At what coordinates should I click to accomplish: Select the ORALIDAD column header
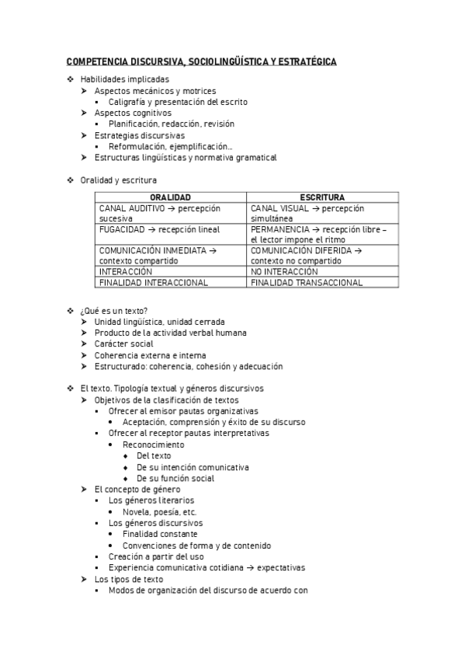click(170, 197)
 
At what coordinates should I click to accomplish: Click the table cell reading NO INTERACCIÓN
click(285, 272)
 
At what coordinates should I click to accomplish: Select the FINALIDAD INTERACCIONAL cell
click(154, 283)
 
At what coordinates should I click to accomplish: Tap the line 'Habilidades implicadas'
click(124, 79)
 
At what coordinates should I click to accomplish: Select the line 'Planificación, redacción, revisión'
click(172, 124)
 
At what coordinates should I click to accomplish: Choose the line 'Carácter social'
click(123, 343)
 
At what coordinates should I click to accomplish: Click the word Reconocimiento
click(154, 445)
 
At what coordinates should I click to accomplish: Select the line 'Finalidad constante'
click(160, 534)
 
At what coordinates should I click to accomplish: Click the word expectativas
click(281, 568)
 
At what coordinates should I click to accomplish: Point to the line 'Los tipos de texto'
click(128, 579)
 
